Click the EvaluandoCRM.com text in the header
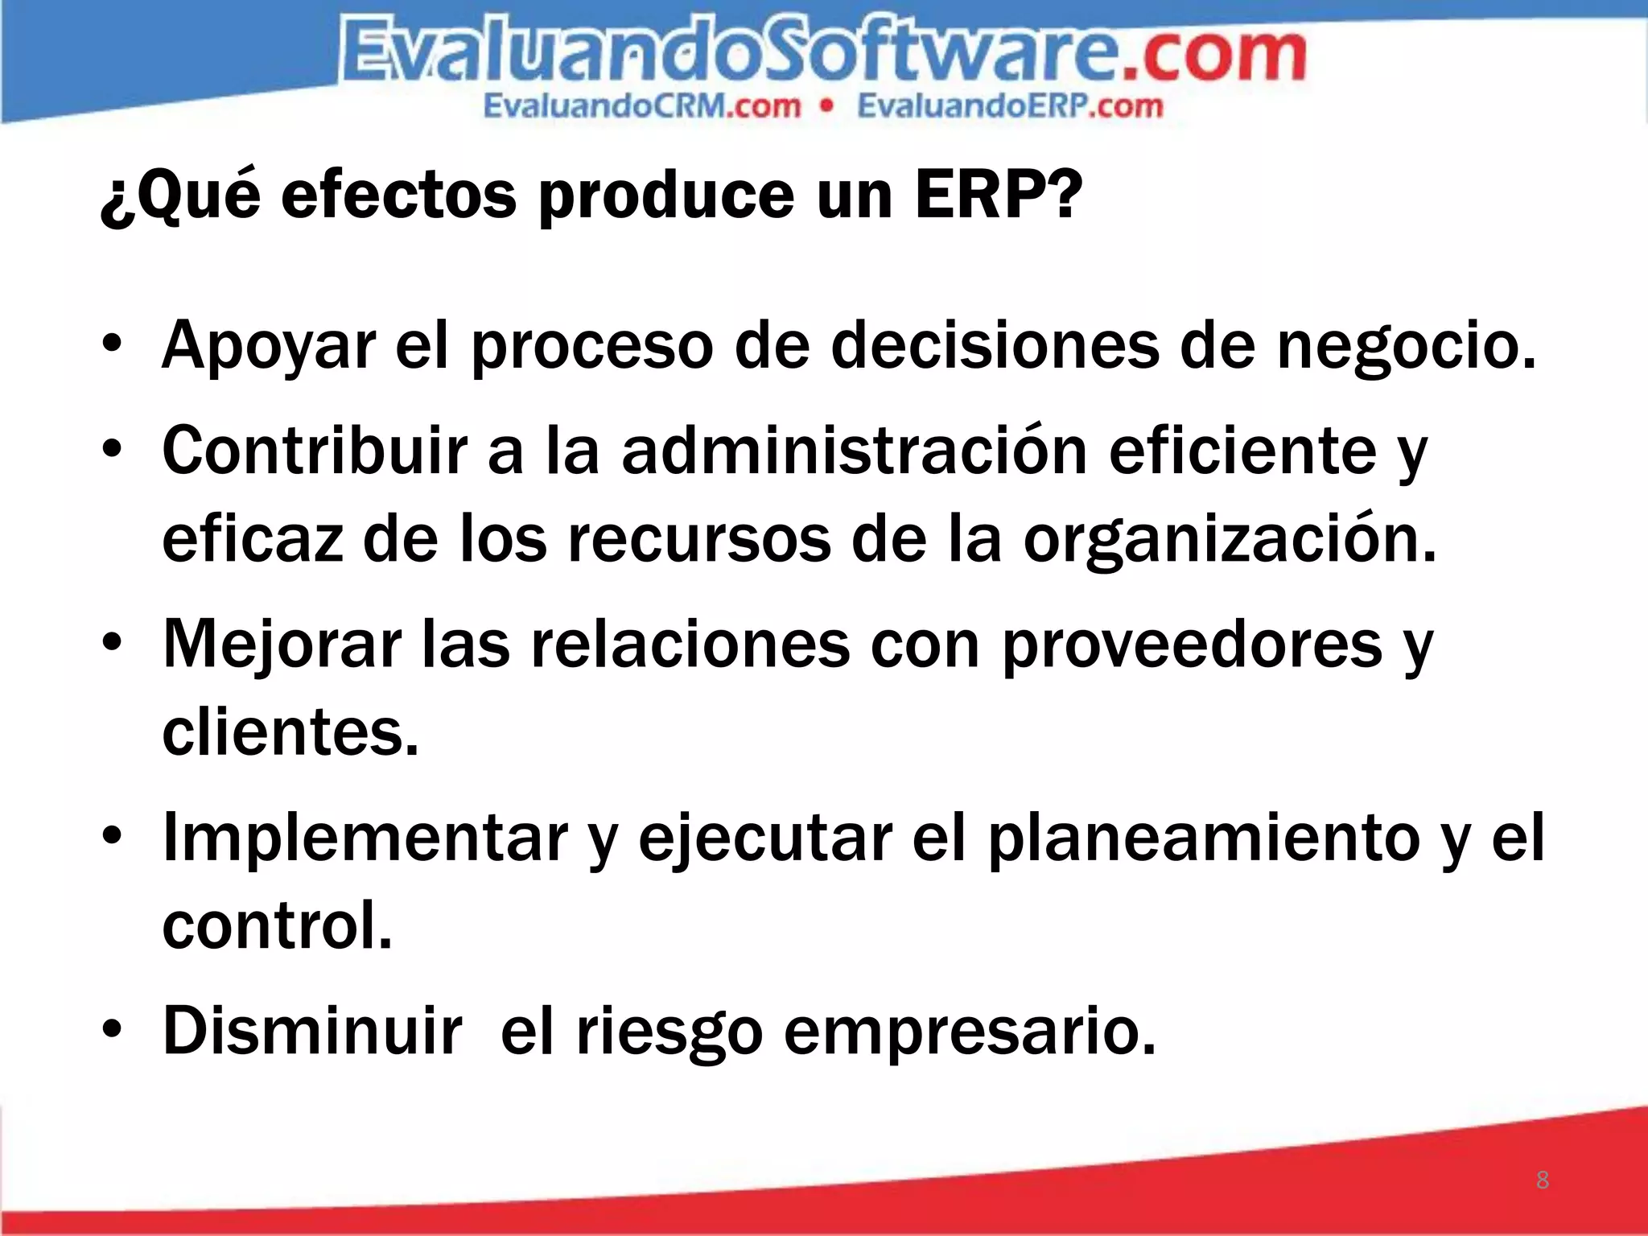[x=642, y=106]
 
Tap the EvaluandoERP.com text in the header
[x=1010, y=106]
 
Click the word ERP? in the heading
[x=999, y=196]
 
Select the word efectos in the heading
[x=398, y=196]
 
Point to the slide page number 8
[x=1542, y=1180]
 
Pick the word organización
[x=1230, y=541]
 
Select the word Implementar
[x=365, y=838]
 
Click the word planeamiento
[x=1204, y=838]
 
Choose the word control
[x=277, y=925]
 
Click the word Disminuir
[x=312, y=1031]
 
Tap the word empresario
[x=970, y=1031]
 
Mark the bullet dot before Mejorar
[x=112, y=643]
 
